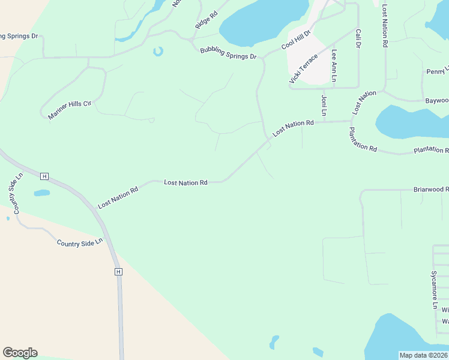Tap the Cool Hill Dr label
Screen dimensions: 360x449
coord(296,40)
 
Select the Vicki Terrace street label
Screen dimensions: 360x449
coord(303,68)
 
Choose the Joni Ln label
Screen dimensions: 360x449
coord(324,104)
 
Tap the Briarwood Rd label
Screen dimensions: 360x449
coord(430,190)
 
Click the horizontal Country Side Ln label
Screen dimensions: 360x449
coord(80,242)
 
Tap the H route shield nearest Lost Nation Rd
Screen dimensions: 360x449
coord(44,176)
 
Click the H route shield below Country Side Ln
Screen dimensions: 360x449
coord(118,272)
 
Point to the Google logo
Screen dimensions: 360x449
coord(20,353)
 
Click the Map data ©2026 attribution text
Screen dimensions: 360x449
coord(423,355)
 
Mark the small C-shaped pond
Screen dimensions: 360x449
coord(158,52)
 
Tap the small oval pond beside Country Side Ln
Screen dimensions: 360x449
coord(42,193)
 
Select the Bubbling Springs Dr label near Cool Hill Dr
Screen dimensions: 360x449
coord(228,53)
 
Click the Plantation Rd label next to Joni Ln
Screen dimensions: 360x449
coord(363,140)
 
